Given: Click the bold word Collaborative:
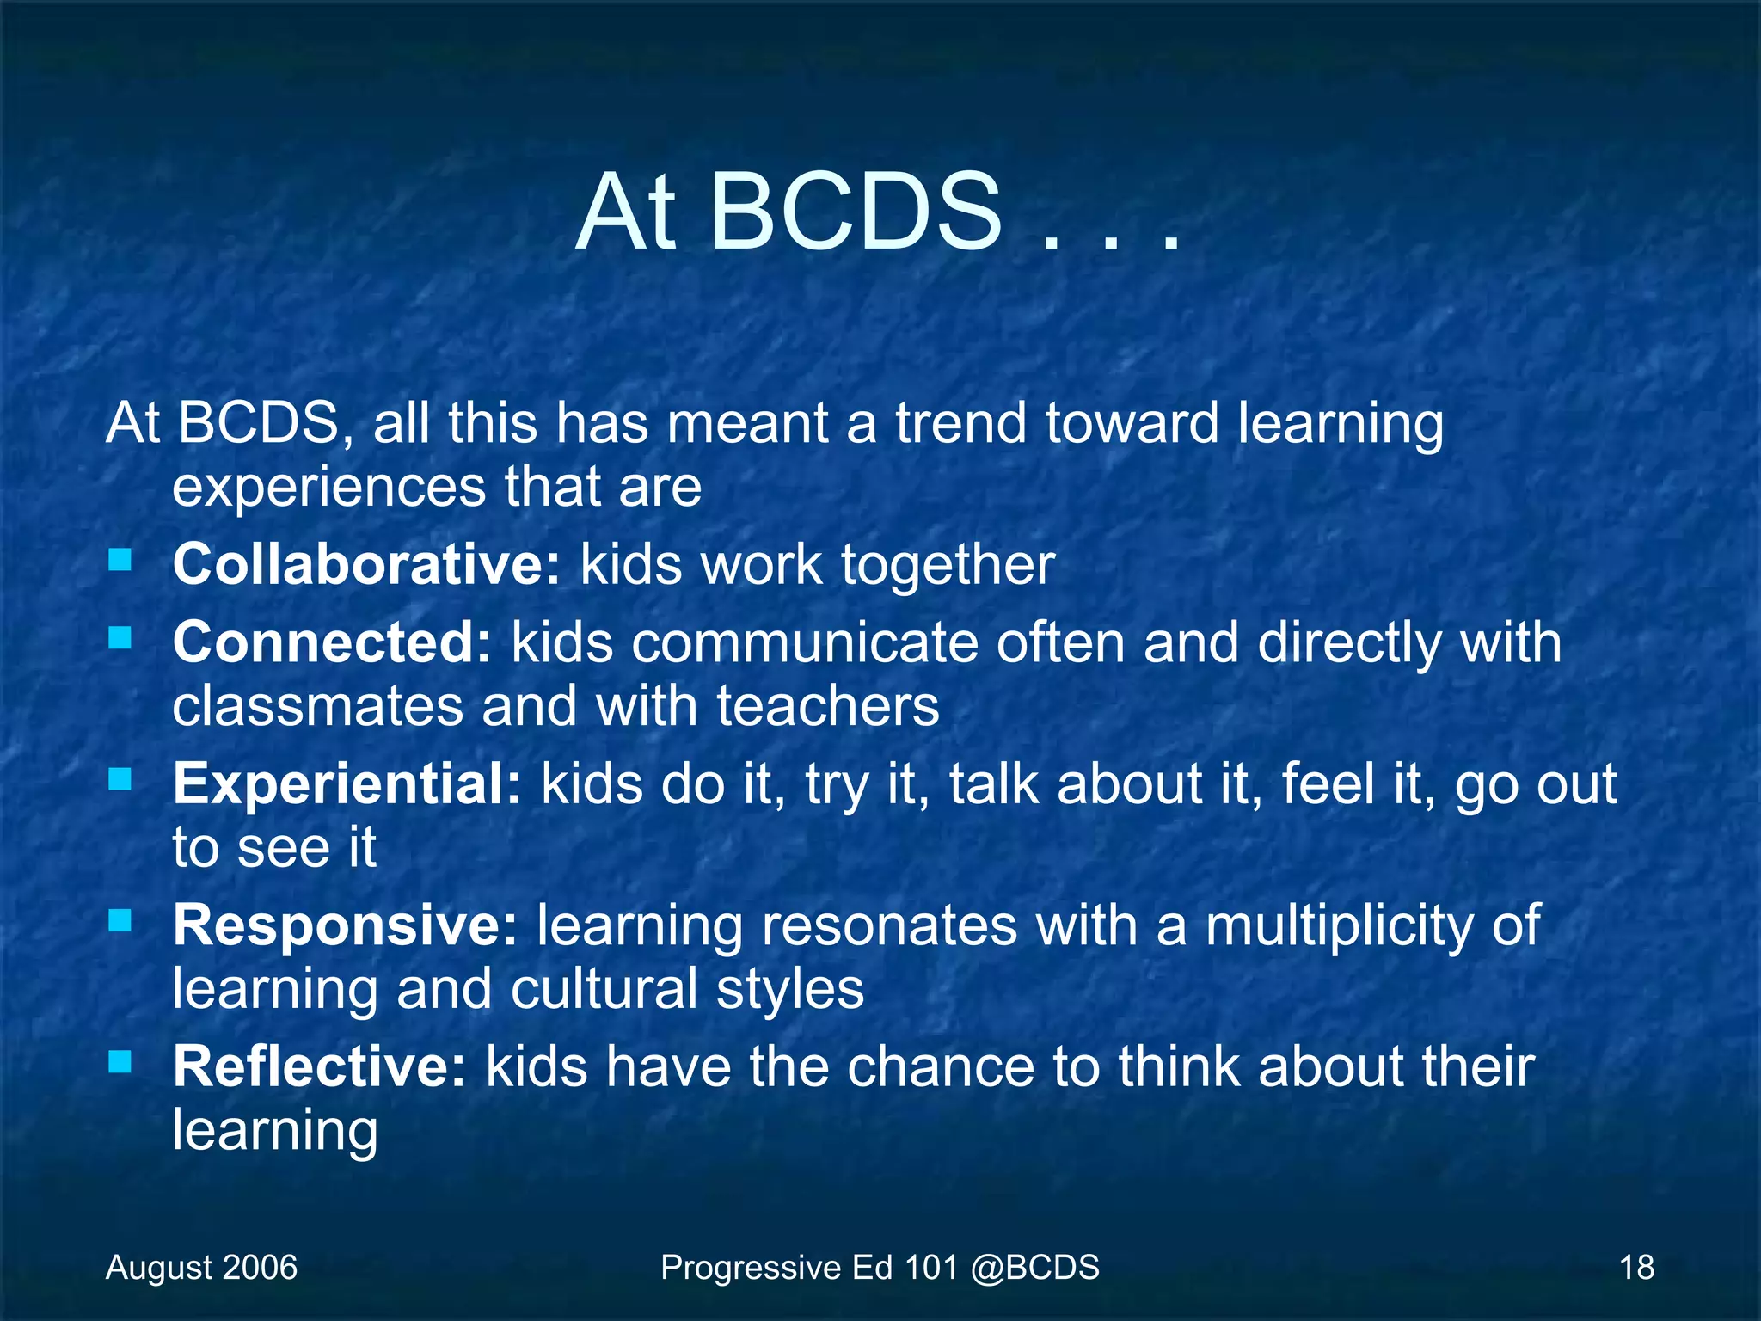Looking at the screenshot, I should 366,565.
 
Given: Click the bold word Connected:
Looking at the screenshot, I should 332,642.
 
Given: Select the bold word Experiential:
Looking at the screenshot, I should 347,784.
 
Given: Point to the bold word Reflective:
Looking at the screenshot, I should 319,1066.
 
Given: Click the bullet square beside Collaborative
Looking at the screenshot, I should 120,561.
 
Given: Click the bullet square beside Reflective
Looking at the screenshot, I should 120,1062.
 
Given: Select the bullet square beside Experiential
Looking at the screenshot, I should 120,779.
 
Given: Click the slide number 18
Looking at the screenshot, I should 1636,1268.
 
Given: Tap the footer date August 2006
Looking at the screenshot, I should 201,1268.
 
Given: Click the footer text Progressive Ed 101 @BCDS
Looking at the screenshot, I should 880,1268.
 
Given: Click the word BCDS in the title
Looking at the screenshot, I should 855,212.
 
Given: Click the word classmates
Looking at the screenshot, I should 317,707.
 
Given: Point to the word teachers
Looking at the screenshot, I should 828,707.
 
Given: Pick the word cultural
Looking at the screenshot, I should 604,989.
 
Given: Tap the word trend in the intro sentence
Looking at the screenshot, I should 961,424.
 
